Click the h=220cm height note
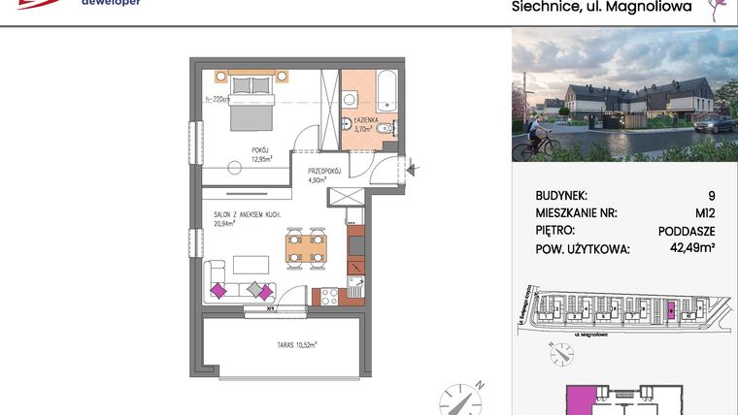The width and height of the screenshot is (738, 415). tap(216, 98)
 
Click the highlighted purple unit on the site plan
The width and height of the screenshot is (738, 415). tap(670, 310)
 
